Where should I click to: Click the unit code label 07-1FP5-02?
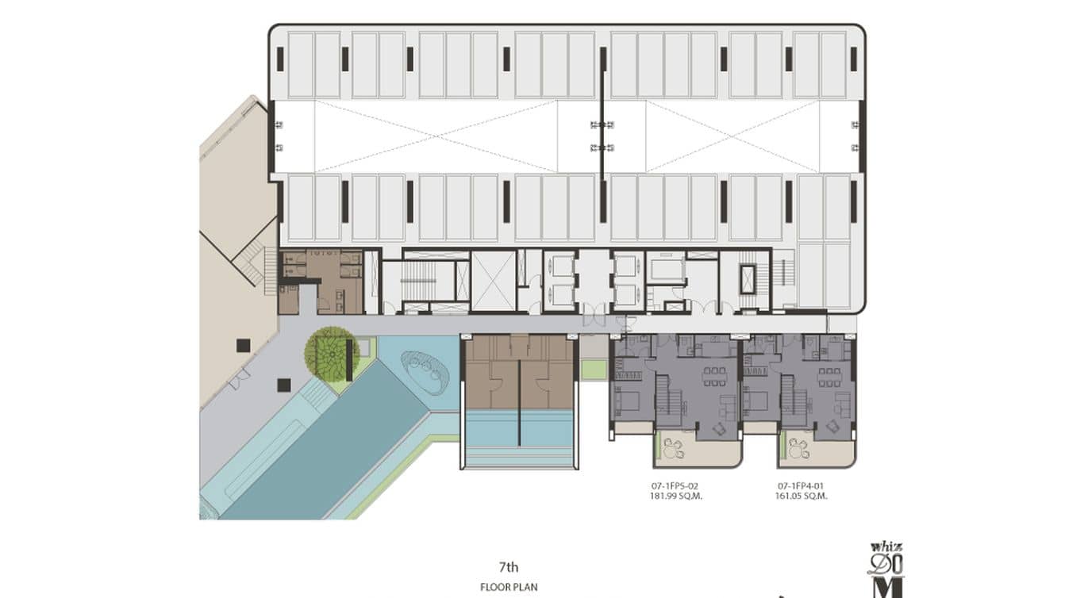click(675, 486)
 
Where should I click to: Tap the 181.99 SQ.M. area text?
click(676, 496)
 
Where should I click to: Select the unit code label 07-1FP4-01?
click(801, 486)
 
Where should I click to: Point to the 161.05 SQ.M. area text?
click(801, 496)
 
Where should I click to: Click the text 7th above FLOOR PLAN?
click(509, 567)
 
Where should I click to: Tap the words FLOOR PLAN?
click(509, 587)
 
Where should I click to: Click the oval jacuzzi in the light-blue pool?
click(425, 372)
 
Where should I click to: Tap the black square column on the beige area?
click(243, 345)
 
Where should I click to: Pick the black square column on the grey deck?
click(284, 385)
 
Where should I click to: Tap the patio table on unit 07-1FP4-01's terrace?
click(797, 448)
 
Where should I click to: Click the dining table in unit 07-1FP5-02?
click(715, 376)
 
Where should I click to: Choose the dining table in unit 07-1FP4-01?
click(829, 377)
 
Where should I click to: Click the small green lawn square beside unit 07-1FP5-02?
click(594, 370)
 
